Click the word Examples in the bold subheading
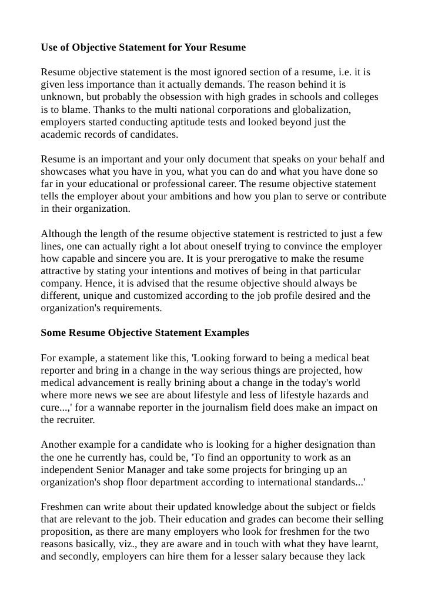[x=226, y=332]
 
